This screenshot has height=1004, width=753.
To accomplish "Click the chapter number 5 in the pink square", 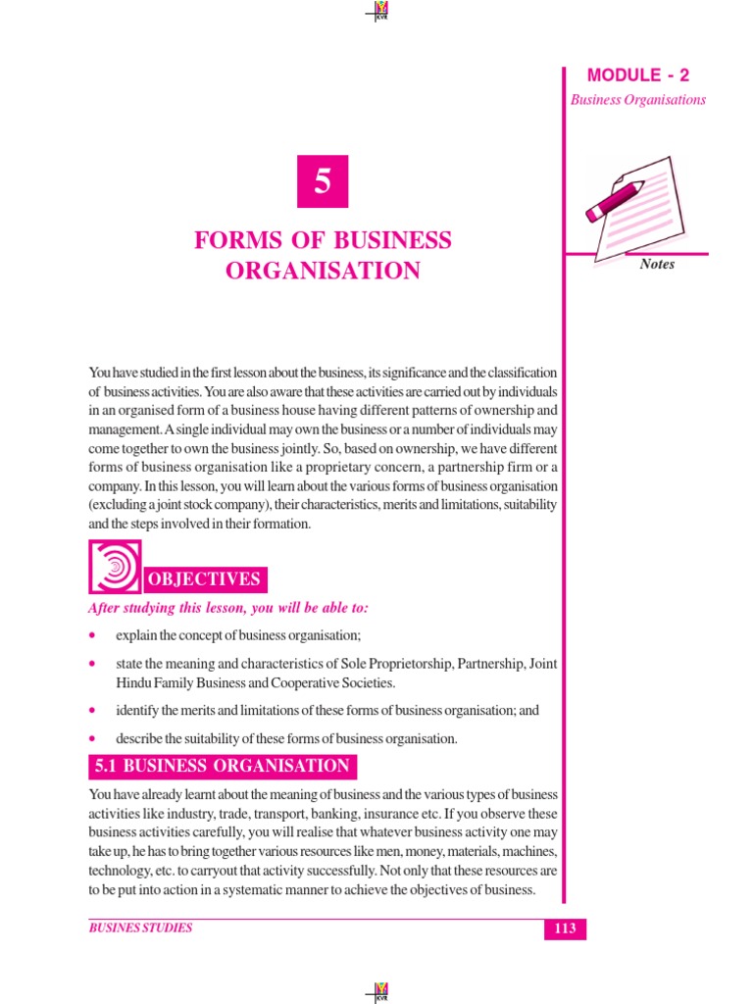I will click(x=323, y=181).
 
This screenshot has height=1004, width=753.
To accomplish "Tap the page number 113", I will click(x=565, y=929).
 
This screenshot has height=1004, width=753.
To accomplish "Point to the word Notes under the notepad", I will click(x=657, y=264).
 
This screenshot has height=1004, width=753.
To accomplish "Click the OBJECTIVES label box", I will click(x=204, y=579).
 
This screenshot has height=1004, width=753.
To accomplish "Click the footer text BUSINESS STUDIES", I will click(x=140, y=928).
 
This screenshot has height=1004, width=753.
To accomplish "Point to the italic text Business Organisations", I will click(x=638, y=100).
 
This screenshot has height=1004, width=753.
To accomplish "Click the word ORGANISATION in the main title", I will click(x=323, y=271).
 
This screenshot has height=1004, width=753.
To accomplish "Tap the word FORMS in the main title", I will click(x=232, y=240).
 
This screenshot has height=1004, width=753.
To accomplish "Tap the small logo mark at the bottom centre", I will click(x=376, y=991).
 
